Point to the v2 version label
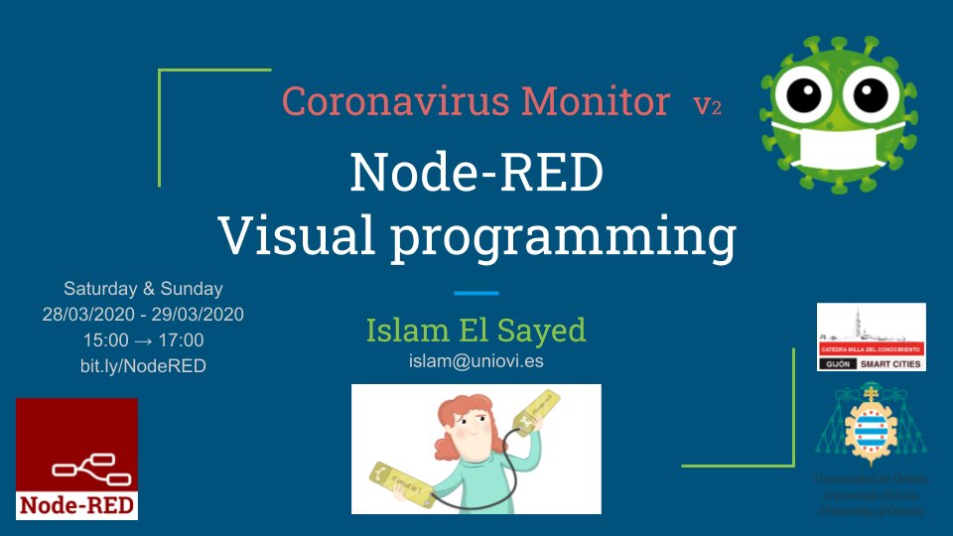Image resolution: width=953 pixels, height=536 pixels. [708, 105]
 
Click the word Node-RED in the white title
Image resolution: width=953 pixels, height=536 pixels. [476, 173]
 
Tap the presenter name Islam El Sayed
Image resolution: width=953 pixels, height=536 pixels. [476, 330]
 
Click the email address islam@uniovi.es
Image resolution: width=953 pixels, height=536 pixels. [476, 360]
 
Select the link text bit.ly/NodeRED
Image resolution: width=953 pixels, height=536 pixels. [143, 366]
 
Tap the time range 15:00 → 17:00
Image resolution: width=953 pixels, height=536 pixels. [143, 340]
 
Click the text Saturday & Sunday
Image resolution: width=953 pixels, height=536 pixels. [143, 289]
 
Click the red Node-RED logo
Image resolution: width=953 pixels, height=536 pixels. [77, 459]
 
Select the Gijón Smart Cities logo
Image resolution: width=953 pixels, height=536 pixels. [871, 337]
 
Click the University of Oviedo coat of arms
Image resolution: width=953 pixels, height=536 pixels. [870, 427]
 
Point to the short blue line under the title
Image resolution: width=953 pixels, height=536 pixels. [476, 293]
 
